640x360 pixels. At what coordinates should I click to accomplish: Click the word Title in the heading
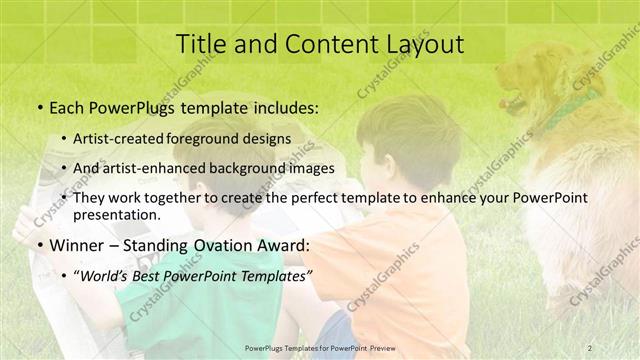199,44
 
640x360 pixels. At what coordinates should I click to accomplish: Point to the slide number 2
589,347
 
